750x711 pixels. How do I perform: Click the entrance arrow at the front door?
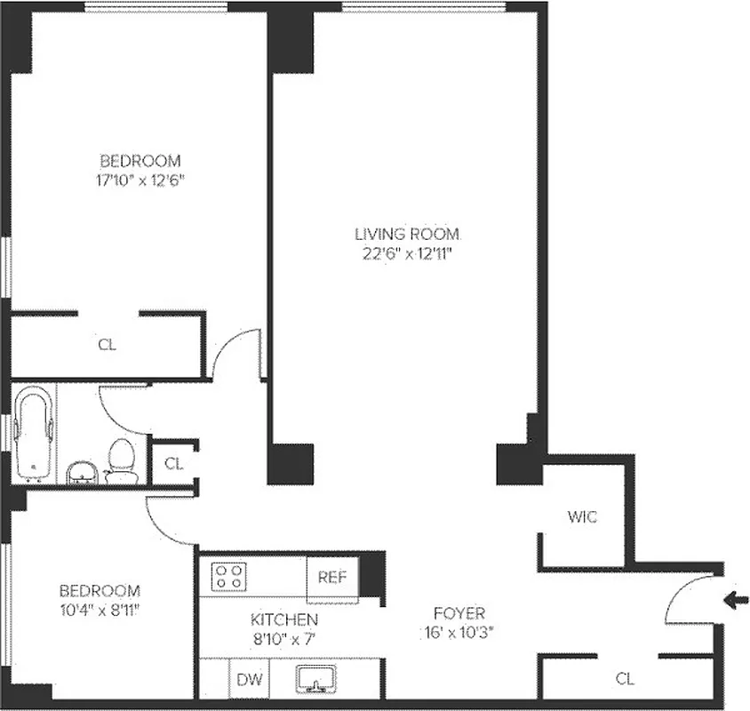pyautogui.click(x=735, y=600)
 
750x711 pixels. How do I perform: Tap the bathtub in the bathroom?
pyautogui.click(x=35, y=435)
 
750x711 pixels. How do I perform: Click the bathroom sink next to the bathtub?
pyautogui.click(x=83, y=472)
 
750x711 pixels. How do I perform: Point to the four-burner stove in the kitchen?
pyautogui.click(x=228, y=577)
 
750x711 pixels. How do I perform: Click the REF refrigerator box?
pyautogui.click(x=332, y=577)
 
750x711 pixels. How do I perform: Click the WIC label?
pyautogui.click(x=582, y=516)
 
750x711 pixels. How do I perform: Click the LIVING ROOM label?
pyautogui.click(x=408, y=235)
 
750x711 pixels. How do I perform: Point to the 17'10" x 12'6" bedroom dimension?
pyautogui.click(x=140, y=180)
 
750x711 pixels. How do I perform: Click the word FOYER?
pyautogui.click(x=459, y=613)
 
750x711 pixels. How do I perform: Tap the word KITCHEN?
pyautogui.click(x=283, y=619)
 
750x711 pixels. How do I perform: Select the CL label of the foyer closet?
pyautogui.click(x=625, y=679)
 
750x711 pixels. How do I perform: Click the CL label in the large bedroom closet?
pyautogui.click(x=107, y=345)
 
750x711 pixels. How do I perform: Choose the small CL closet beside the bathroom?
pyautogui.click(x=173, y=463)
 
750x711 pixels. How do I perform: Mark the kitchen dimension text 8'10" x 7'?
pyautogui.click(x=283, y=638)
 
